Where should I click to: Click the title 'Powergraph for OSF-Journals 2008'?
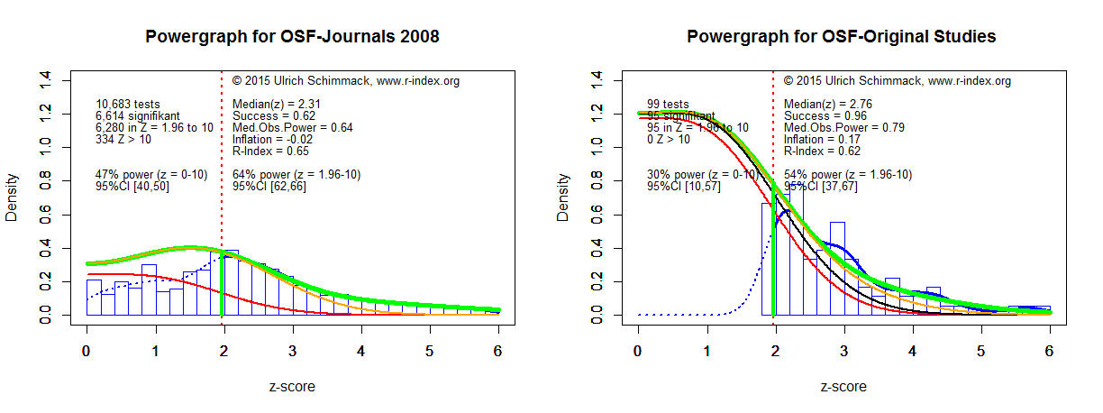292,37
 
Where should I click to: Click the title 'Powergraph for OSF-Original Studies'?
842,37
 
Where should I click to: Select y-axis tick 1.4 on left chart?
46,80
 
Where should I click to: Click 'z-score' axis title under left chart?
292,387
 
